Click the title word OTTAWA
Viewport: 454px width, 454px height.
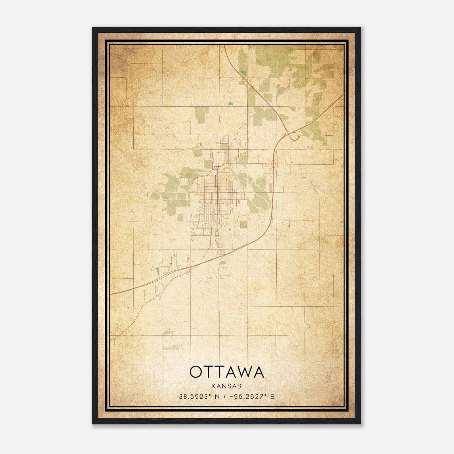tap(227, 372)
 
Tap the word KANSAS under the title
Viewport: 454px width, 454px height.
tap(227, 386)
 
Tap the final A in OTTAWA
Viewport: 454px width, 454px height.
tap(258, 372)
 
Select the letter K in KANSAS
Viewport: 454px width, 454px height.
tap(214, 386)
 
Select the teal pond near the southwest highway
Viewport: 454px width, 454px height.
tap(158, 270)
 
